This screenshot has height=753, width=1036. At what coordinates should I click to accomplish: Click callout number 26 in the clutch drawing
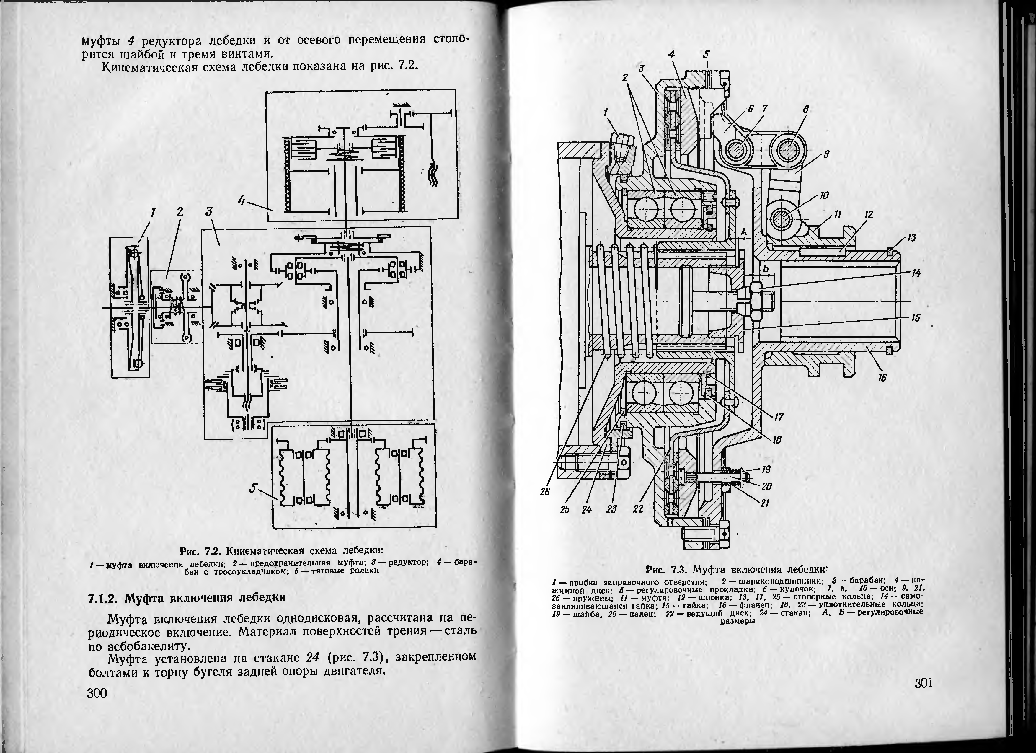click(545, 492)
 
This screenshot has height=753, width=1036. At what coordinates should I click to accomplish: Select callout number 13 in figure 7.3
click(912, 238)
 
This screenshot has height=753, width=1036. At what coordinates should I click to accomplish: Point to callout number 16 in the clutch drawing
click(882, 377)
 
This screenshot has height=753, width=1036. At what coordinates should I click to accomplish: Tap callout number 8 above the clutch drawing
click(806, 110)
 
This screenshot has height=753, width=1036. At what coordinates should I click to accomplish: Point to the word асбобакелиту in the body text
click(147, 646)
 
